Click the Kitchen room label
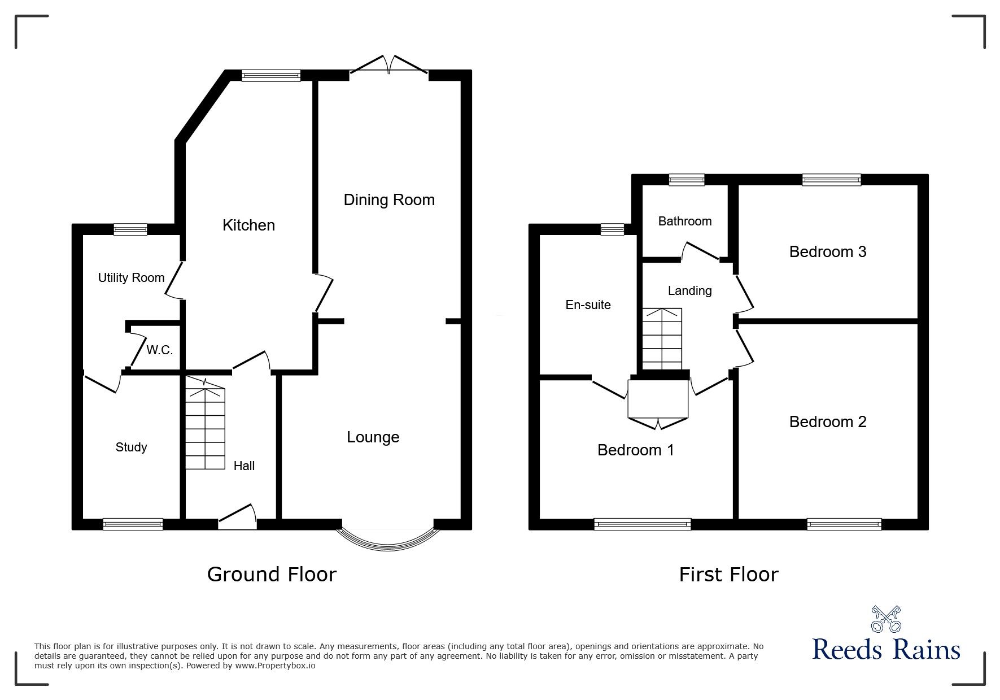[248, 225]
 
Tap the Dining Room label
[389, 199]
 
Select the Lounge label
[373, 437]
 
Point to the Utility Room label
[131, 278]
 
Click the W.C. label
[160, 350]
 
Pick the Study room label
[131, 447]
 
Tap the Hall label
[244, 466]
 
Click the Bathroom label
[685, 221]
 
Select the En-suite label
[588, 305]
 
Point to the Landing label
[689, 291]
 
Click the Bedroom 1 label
[636, 450]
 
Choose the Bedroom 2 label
[828, 422]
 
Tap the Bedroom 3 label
[828, 252]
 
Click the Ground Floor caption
[272, 575]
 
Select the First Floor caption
[728, 575]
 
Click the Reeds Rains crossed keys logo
[886, 619]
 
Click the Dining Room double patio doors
[388, 64]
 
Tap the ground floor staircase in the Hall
[205, 424]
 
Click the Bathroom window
[687, 180]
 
